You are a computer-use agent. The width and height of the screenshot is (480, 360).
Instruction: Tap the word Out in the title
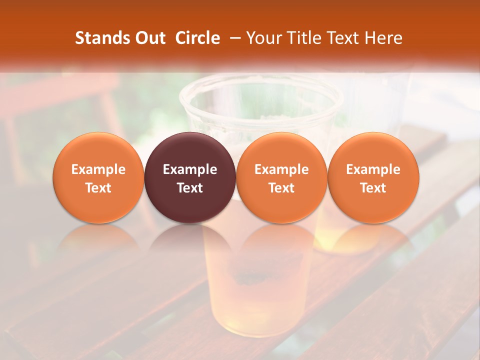[x=149, y=38]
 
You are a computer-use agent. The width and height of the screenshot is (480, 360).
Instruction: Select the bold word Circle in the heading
[x=197, y=38]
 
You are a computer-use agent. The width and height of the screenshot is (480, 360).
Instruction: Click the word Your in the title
[x=264, y=38]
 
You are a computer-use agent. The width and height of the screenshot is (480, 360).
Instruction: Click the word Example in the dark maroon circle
[x=190, y=169]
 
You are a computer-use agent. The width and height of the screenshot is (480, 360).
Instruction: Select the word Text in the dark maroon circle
[x=190, y=188]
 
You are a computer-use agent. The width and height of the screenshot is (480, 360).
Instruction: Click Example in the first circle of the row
[x=98, y=169]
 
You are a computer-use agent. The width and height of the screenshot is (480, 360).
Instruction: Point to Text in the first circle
[x=98, y=188]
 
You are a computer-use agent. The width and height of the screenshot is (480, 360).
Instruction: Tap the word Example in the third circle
[x=281, y=169]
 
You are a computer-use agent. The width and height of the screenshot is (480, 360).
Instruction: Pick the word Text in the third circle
[x=281, y=188]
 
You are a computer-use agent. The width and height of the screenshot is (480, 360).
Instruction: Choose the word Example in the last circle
[x=373, y=169]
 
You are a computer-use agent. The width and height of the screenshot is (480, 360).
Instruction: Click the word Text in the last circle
[x=373, y=188]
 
